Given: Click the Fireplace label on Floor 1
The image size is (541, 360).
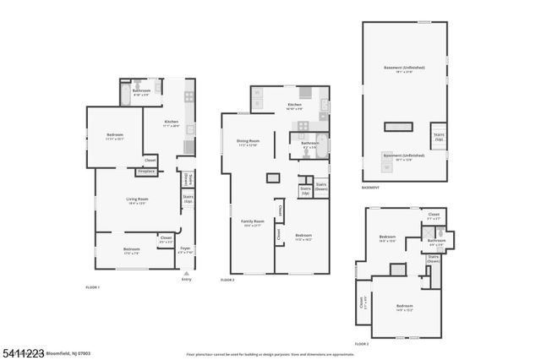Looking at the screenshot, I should coord(145,172).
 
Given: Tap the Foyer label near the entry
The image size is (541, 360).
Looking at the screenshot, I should coord(185,251).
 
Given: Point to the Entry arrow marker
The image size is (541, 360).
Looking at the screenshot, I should coord(186,273).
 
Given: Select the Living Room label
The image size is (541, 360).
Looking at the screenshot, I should coord(137,200).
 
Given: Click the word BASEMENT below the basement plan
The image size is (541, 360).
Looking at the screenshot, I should coord(369,187).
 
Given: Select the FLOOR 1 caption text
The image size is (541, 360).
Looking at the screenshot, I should coord(93,287).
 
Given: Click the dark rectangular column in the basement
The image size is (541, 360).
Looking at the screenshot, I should coord(399,127).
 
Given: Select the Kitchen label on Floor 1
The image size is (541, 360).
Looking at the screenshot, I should coord(172,123).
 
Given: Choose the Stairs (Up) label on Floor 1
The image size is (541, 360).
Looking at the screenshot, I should coord(188,200).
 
